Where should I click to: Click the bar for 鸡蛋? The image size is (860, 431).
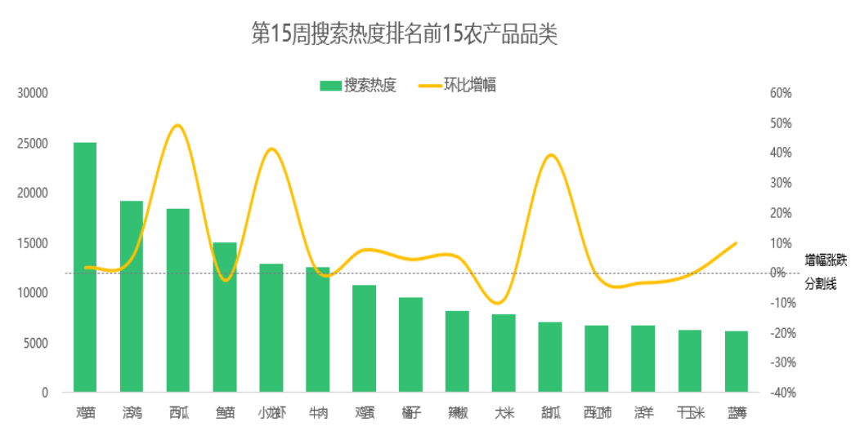tap(365, 339)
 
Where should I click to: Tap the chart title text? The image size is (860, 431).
tap(405, 34)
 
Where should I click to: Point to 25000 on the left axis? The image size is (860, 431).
tap(33, 144)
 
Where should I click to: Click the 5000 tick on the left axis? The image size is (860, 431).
tap(35, 343)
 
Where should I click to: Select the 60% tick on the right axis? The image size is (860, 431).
tap(781, 93)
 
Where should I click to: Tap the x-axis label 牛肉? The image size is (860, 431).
tap(318, 413)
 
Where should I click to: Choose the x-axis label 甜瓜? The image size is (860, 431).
tap(550, 413)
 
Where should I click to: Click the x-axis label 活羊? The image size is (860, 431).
tap(643, 413)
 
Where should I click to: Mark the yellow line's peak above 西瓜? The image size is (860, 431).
tap(178, 125)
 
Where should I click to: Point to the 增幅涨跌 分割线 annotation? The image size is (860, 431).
tap(826, 272)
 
